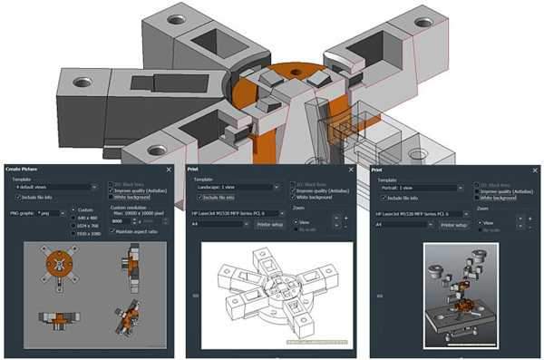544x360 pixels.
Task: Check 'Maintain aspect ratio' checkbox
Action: click(x=112, y=231)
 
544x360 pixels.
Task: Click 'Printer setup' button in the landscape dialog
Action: click(x=269, y=224)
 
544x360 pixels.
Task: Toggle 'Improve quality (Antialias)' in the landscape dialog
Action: click(x=293, y=190)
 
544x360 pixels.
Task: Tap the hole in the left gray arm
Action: click(x=83, y=83)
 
